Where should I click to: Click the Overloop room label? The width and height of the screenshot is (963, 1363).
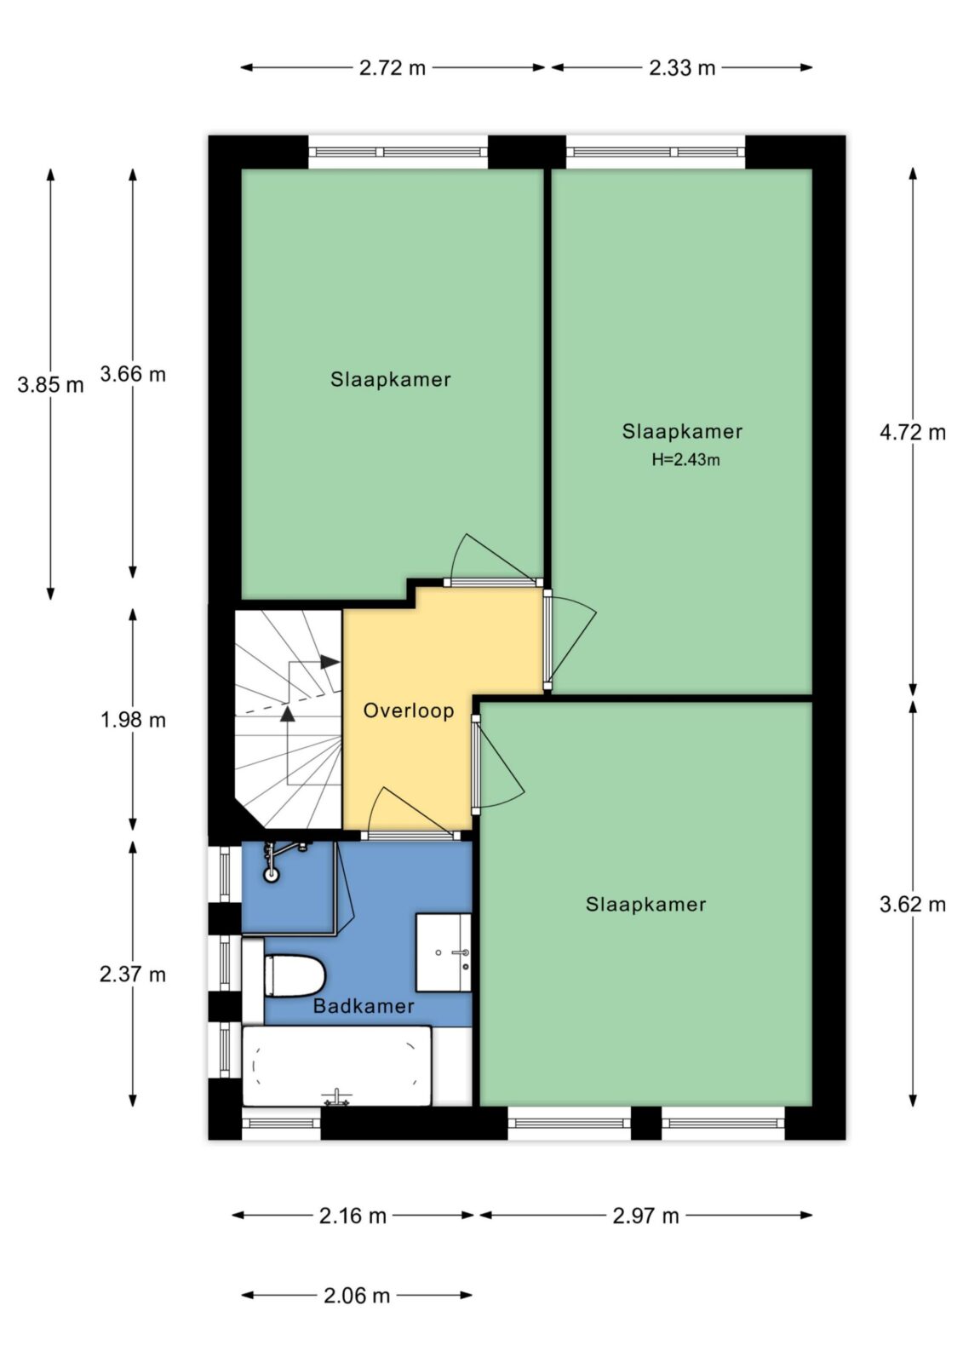click(x=408, y=710)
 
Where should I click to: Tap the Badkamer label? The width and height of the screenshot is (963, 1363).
click(x=364, y=1006)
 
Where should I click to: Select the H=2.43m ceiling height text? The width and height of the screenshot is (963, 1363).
click(x=685, y=459)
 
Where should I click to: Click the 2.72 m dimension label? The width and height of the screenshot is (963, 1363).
click(x=393, y=67)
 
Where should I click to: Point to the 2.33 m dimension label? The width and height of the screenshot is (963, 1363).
click(x=682, y=67)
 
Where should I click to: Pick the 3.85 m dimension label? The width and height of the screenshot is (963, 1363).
click(x=50, y=384)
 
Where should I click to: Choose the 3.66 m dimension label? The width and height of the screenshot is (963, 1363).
click(x=133, y=374)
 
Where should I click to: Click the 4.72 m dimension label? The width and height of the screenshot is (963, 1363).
click(x=913, y=432)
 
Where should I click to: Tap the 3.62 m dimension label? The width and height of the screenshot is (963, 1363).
click(x=913, y=904)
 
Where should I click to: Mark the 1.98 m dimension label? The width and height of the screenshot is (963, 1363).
click(x=133, y=720)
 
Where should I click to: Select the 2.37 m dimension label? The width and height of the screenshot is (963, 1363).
click(x=133, y=975)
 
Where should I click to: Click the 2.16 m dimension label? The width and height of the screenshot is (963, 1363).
click(x=353, y=1216)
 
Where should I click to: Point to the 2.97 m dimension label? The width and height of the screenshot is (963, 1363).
click(x=645, y=1216)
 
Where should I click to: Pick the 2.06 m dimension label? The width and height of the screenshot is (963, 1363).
click(x=357, y=1296)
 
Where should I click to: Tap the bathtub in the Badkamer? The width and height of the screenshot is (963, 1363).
click(x=337, y=1066)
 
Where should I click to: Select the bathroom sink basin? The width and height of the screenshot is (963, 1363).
click(x=444, y=952)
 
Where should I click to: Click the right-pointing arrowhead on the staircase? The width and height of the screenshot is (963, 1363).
click(x=330, y=661)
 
